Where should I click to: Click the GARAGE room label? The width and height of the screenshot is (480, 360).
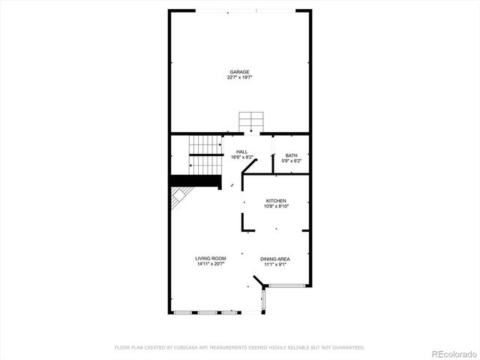(x=240, y=72)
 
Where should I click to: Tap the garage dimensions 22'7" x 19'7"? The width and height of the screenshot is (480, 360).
(x=240, y=77)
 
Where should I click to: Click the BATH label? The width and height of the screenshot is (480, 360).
(x=291, y=155)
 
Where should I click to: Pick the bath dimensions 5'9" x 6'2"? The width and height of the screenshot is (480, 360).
(x=291, y=160)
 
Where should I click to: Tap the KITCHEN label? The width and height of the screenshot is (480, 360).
(x=276, y=201)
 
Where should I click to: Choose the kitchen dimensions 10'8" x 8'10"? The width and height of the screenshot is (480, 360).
(x=276, y=206)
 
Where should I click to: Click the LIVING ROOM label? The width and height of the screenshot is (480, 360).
(x=211, y=259)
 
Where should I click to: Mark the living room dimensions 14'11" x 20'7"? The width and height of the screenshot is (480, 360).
(x=211, y=264)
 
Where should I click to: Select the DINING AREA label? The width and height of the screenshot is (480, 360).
(x=275, y=259)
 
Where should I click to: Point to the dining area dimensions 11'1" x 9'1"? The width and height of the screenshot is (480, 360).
(x=275, y=264)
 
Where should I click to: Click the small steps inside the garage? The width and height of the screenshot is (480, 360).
(x=251, y=121)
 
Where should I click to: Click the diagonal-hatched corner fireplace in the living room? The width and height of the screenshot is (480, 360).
(x=180, y=198)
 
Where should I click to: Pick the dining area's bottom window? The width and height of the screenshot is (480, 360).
(x=286, y=285)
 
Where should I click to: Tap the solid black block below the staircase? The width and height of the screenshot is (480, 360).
(x=196, y=181)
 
